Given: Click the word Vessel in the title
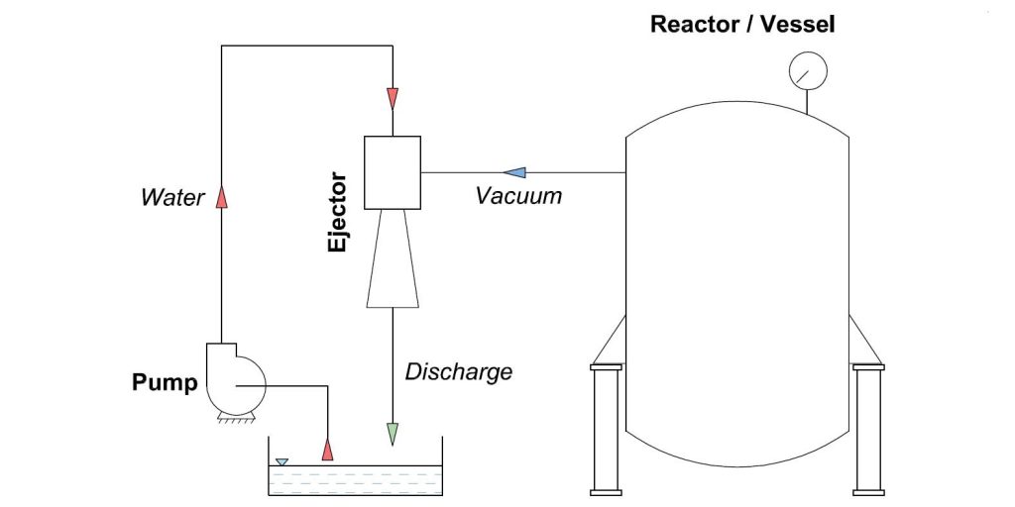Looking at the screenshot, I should (x=799, y=24).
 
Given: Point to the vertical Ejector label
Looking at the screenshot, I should (x=339, y=213).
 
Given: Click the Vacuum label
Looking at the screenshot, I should (x=518, y=195).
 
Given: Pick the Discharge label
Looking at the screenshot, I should (x=458, y=371).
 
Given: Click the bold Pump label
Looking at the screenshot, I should (x=165, y=382).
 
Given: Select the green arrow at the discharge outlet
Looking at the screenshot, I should (x=393, y=433).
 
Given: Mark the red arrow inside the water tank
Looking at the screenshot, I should (x=327, y=448).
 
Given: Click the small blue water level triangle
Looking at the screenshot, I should (x=282, y=461).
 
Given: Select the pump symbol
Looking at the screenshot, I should (x=232, y=379).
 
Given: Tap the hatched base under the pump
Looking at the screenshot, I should (x=231, y=421).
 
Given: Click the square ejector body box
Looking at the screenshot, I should (x=393, y=172).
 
